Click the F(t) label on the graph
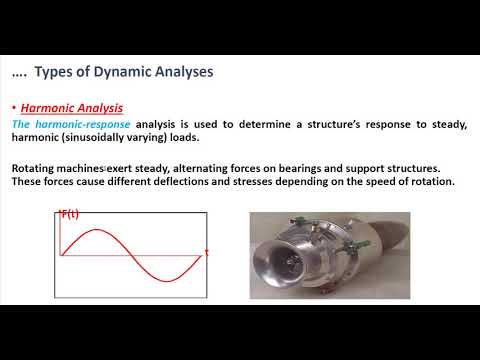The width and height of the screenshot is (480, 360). pos(71,215)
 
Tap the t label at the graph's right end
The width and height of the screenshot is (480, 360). pos(206,252)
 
